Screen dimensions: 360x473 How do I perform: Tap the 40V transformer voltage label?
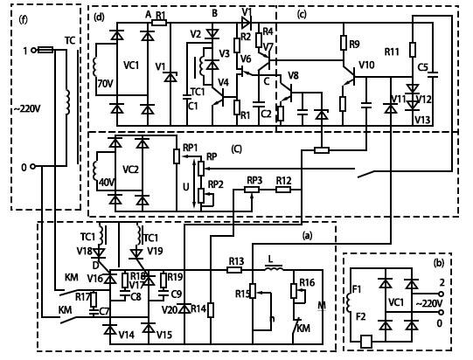click(108, 181)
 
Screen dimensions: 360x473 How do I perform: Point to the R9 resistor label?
click(354, 44)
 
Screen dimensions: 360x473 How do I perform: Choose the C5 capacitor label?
click(422, 66)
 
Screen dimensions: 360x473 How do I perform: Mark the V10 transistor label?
click(366, 65)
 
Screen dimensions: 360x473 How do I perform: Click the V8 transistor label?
click(293, 76)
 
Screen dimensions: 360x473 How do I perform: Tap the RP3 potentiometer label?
click(254, 181)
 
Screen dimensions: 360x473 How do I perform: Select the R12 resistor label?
click(283, 181)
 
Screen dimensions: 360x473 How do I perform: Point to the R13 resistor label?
click(235, 260)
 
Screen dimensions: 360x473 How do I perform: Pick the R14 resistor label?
click(199, 308)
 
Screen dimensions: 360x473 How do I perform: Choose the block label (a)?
click(306, 236)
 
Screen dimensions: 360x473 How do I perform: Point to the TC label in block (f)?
click(69, 40)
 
